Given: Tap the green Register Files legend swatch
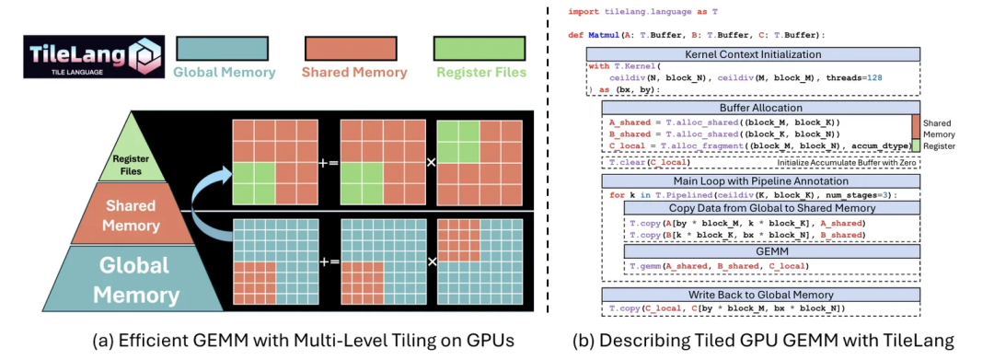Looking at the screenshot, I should tap(481, 49).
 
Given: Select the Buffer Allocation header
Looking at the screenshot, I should tap(754, 108).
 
